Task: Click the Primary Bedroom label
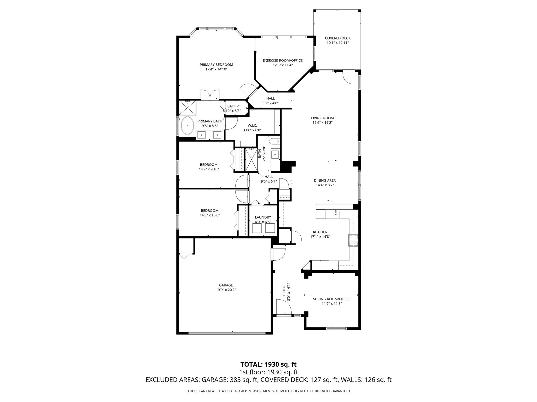coord(216,65)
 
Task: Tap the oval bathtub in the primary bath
coord(187,126)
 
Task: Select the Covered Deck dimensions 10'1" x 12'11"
coord(337,43)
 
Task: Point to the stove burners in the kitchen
coord(353,240)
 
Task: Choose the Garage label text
coord(226,285)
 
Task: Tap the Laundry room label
coord(263,217)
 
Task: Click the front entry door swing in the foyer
coord(284,308)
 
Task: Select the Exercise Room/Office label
coord(283,60)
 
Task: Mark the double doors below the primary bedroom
coord(210,95)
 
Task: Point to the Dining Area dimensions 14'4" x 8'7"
coord(325,185)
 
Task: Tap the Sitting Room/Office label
coord(331,299)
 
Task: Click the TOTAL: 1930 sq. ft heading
coord(268,364)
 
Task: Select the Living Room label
coord(322,118)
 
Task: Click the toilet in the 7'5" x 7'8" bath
coord(275,141)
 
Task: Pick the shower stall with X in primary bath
coord(187,107)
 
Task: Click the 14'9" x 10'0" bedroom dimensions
coord(210,215)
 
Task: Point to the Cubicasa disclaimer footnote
coord(268,391)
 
